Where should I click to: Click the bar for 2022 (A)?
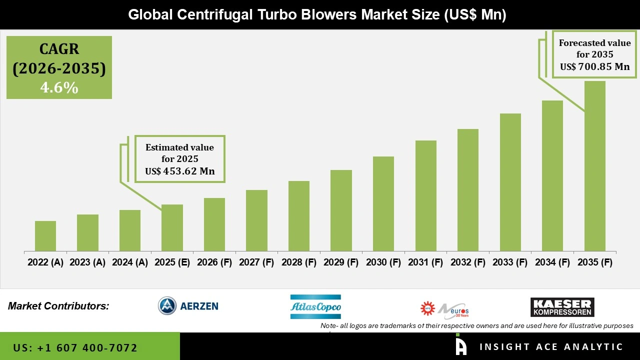[x=45, y=236]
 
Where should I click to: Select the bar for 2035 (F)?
[x=594, y=166]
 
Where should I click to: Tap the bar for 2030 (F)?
[x=383, y=203]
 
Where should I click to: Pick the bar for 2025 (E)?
[x=172, y=227]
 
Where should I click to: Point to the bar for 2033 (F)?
[x=510, y=182]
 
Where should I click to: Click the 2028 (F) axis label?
[x=299, y=262]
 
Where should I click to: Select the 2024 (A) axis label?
[x=130, y=262]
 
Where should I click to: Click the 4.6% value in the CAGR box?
[x=59, y=88]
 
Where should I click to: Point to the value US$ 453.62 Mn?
[x=180, y=171]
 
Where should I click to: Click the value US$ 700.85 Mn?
[x=594, y=67]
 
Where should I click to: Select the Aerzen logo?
[x=188, y=305]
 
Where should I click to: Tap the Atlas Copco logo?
[x=315, y=306]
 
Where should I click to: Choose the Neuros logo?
[x=444, y=309]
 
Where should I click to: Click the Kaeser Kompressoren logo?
[x=562, y=307]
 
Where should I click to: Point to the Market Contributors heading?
[x=58, y=306]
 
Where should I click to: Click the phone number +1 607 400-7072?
[x=87, y=347]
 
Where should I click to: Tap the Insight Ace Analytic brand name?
[x=551, y=347]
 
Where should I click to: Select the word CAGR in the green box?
[x=59, y=49]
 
